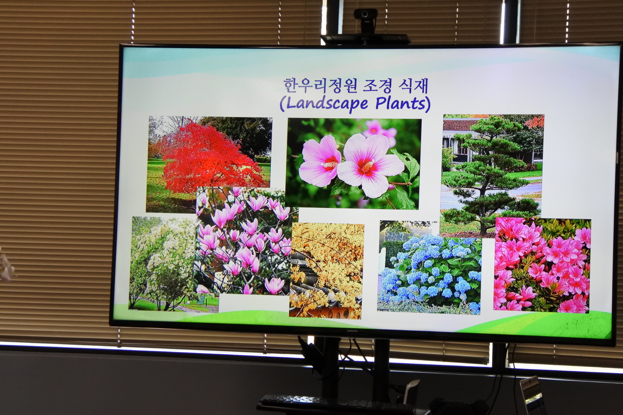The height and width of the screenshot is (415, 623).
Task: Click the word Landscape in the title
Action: click(327, 104)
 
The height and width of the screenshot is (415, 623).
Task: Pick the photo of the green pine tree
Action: click(492, 175)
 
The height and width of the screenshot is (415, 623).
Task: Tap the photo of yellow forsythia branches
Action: click(326, 271)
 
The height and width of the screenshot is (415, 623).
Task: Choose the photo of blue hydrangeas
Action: click(430, 267)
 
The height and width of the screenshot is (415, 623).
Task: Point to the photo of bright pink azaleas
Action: click(542, 266)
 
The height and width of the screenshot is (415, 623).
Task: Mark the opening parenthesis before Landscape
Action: click(282, 104)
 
